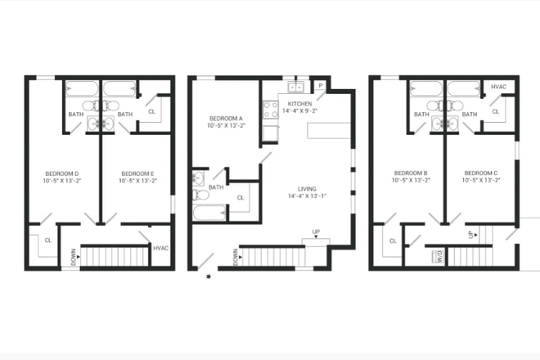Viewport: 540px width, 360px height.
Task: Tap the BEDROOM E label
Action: pos(137,173)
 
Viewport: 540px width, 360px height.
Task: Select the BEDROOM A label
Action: pos(223,119)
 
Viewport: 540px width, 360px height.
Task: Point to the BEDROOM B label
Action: pos(411,173)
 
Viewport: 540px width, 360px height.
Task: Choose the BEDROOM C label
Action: pos(481,173)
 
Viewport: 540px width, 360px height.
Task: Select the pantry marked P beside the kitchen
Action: pos(321,86)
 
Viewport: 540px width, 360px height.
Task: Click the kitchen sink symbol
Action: pos(295,86)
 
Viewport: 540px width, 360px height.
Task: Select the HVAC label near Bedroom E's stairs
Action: pos(160,247)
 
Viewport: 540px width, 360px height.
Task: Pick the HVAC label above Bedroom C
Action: pos(497,86)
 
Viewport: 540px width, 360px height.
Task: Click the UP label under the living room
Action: pos(316,232)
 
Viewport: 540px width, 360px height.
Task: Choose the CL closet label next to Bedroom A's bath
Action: pos(240,197)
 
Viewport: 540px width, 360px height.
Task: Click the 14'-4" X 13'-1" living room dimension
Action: pos(308,196)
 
